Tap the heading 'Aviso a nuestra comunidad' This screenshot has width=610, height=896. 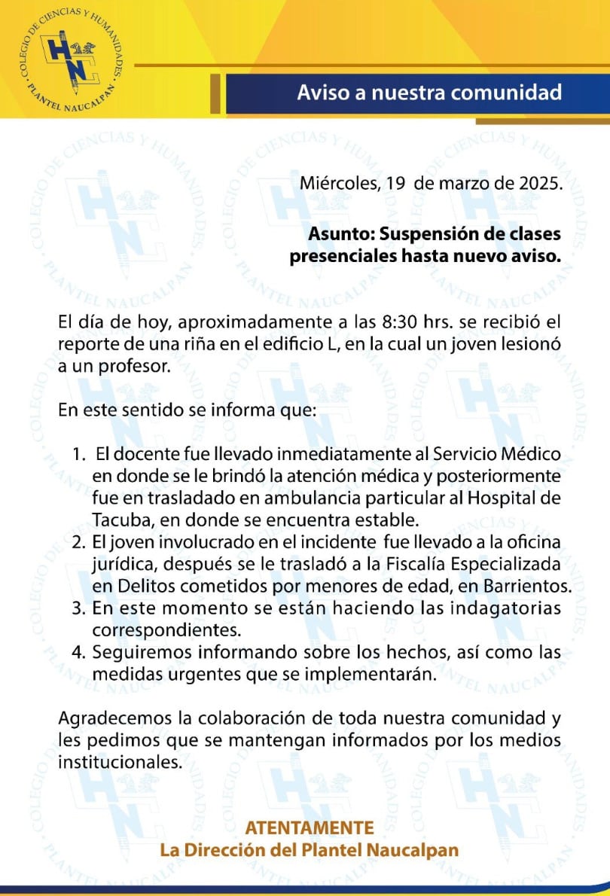[x=429, y=93]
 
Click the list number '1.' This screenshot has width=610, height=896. [x=79, y=456]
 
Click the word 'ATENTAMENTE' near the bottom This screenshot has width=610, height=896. [x=309, y=828]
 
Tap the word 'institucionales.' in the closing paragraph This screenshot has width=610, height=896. [x=120, y=761]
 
